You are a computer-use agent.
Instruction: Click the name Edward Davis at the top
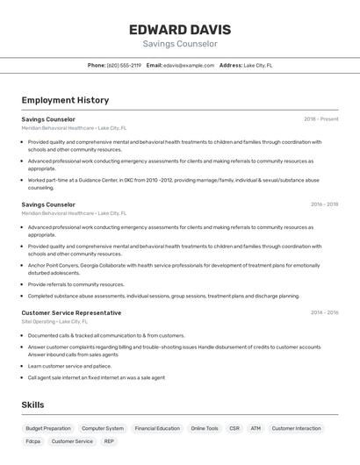pos(180,29)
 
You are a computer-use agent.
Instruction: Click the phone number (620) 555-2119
pos(124,65)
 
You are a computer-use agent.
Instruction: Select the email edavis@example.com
pos(189,65)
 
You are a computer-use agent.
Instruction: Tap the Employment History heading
pos(65,100)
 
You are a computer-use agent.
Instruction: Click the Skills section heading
pos(33,404)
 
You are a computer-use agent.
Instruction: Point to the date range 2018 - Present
pos(321,119)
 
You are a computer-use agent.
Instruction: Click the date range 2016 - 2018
pos(324,204)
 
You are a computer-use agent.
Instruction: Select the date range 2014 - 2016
pos(324,313)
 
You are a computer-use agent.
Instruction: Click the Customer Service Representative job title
pos(71,313)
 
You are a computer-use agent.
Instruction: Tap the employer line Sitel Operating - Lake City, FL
pos(56,322)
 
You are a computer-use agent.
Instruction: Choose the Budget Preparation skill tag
pos(48,428)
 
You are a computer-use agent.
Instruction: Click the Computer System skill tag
pos(103,428)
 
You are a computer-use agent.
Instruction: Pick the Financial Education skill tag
pos(157,428)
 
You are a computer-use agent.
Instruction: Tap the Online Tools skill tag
pos(205,428)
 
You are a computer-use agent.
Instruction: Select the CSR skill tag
pos(234,428)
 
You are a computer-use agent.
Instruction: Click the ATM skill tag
pos(256,428)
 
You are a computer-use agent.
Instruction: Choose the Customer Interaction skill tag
pos(296,428)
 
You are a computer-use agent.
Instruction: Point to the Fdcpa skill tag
pos(33,441)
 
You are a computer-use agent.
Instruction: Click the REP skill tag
pos(109,441)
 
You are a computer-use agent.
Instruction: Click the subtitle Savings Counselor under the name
pos(180,44)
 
